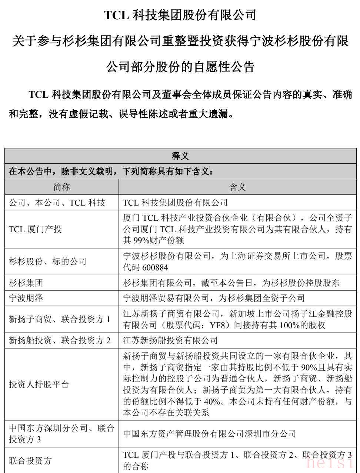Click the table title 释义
(180, 156)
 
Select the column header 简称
(61, 187)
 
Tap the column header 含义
(237, 187)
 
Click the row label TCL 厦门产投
(35, 229)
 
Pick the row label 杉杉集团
(26, 283)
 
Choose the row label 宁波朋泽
(26, 298)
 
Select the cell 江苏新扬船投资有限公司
(170, 340)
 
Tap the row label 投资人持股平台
(39, 384)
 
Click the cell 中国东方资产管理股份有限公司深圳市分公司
(210, 434)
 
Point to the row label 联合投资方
(30, 461)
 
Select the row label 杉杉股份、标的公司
(47, 262)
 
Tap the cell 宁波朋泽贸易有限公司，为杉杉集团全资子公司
(214, 298)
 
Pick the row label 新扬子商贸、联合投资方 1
(60, 319)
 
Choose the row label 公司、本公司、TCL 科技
(57, 203)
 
